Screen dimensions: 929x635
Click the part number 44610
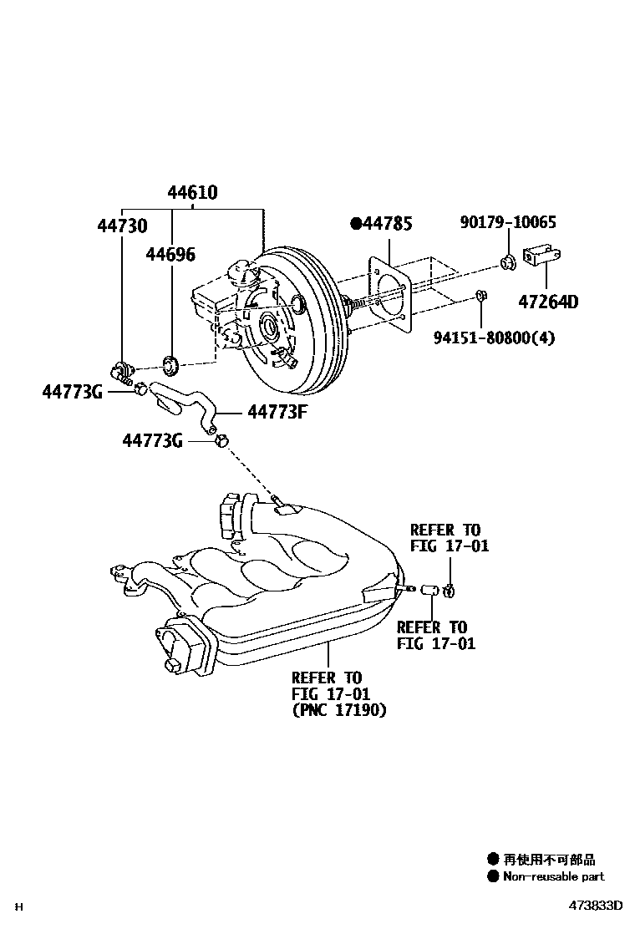point(192,193)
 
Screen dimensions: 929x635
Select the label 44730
point(122,226)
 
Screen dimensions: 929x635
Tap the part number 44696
point(171,253)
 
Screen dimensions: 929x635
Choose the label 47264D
point(547,302)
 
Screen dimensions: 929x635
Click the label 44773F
point(277,411)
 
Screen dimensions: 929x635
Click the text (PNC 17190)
point(340,711)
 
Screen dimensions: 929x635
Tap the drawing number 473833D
point(597,906)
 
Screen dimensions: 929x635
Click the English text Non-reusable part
point(554,876)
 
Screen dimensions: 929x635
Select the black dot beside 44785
point(356,223)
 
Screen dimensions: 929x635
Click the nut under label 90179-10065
point(507,263)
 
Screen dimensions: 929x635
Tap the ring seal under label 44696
point(171,363)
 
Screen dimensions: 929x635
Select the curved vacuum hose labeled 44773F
point(188,401)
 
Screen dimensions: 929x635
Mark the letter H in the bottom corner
point(21,906)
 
